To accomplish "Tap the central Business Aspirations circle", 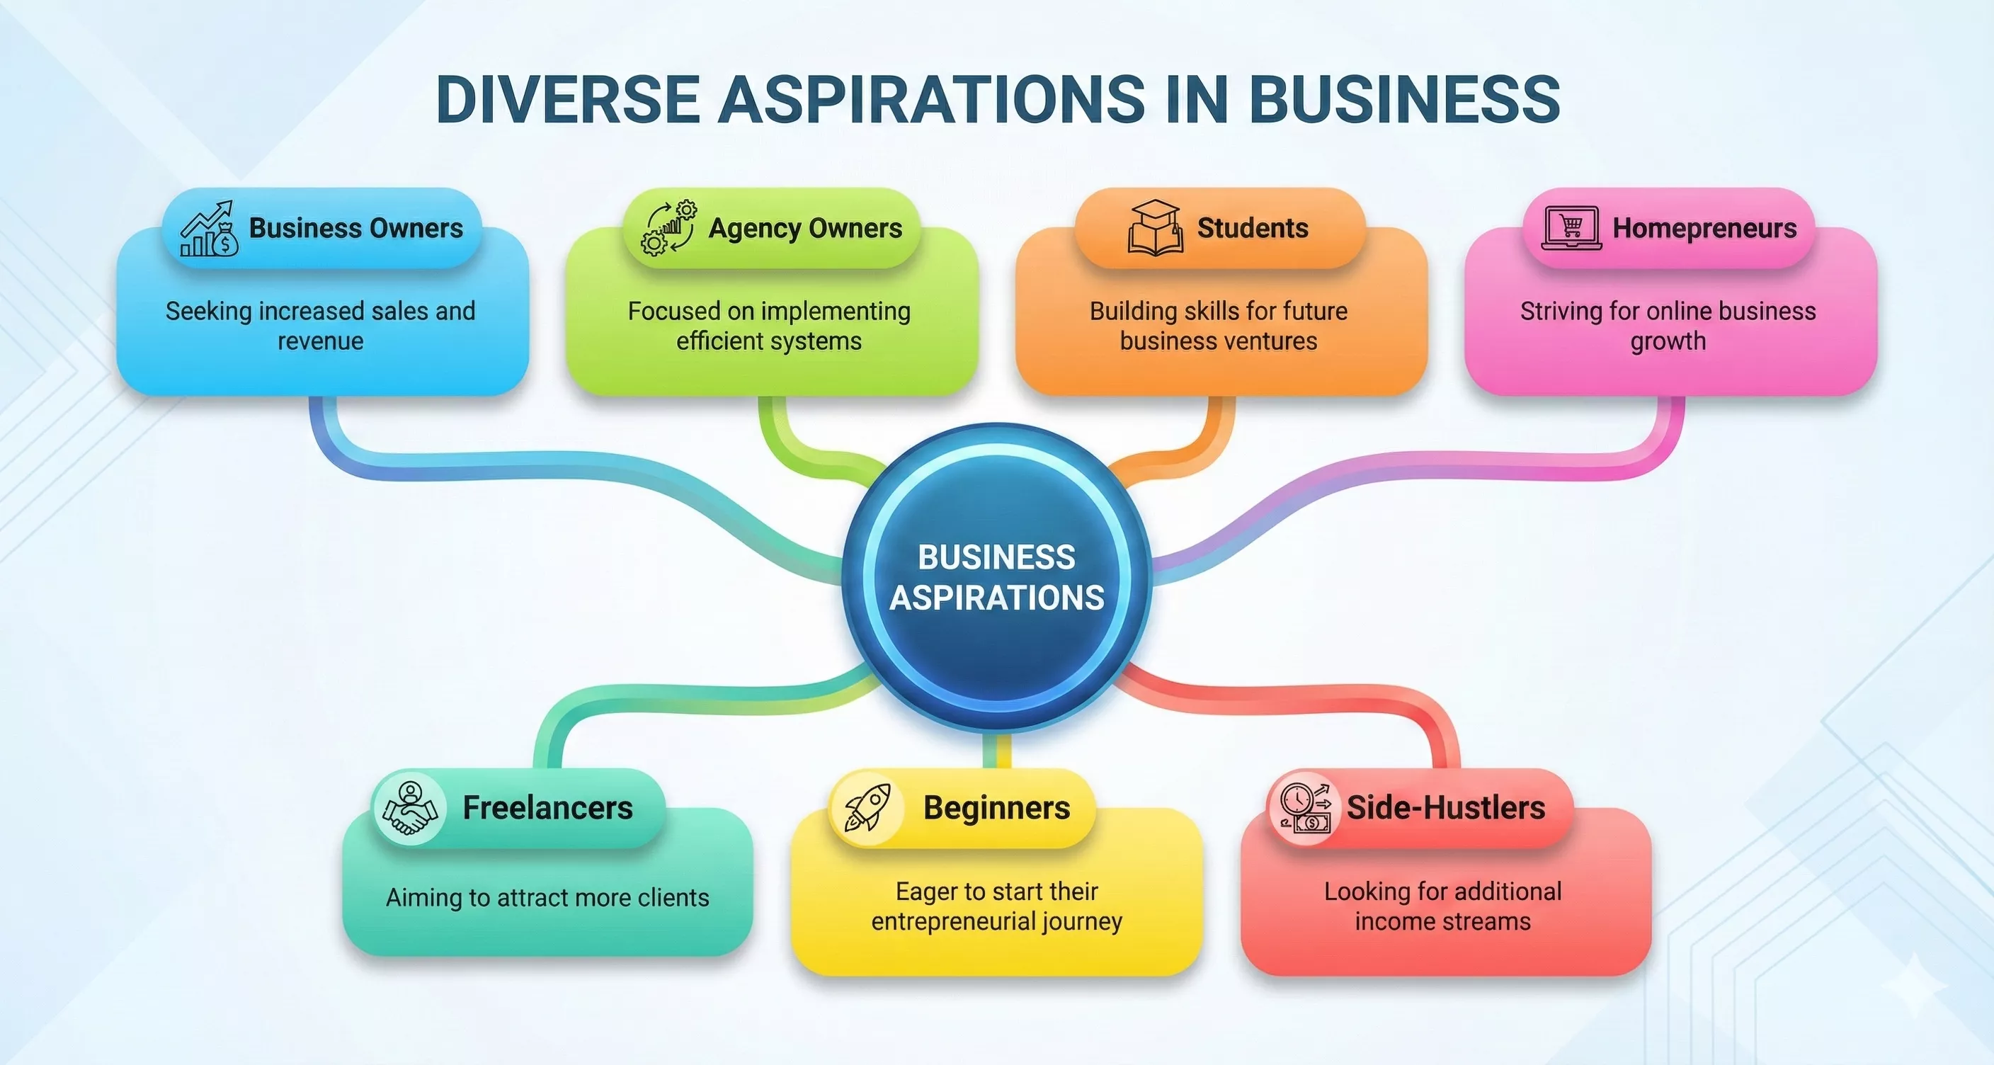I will (997, 577).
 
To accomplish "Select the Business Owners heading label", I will (355, 228).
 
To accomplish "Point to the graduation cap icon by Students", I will (1155, 227).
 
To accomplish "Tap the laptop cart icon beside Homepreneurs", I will (1571, 228).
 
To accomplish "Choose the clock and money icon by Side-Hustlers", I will (1305, 809).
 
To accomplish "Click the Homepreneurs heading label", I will (1704, 228).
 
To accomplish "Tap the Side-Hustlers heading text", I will (1446, 808).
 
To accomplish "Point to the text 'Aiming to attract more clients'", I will (547, 898).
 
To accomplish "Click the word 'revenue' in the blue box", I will (321, 341).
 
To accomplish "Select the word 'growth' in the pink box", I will (1668, 341).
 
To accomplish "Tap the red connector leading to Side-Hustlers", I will (1316, 700).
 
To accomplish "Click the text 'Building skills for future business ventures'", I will (1219, 326).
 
